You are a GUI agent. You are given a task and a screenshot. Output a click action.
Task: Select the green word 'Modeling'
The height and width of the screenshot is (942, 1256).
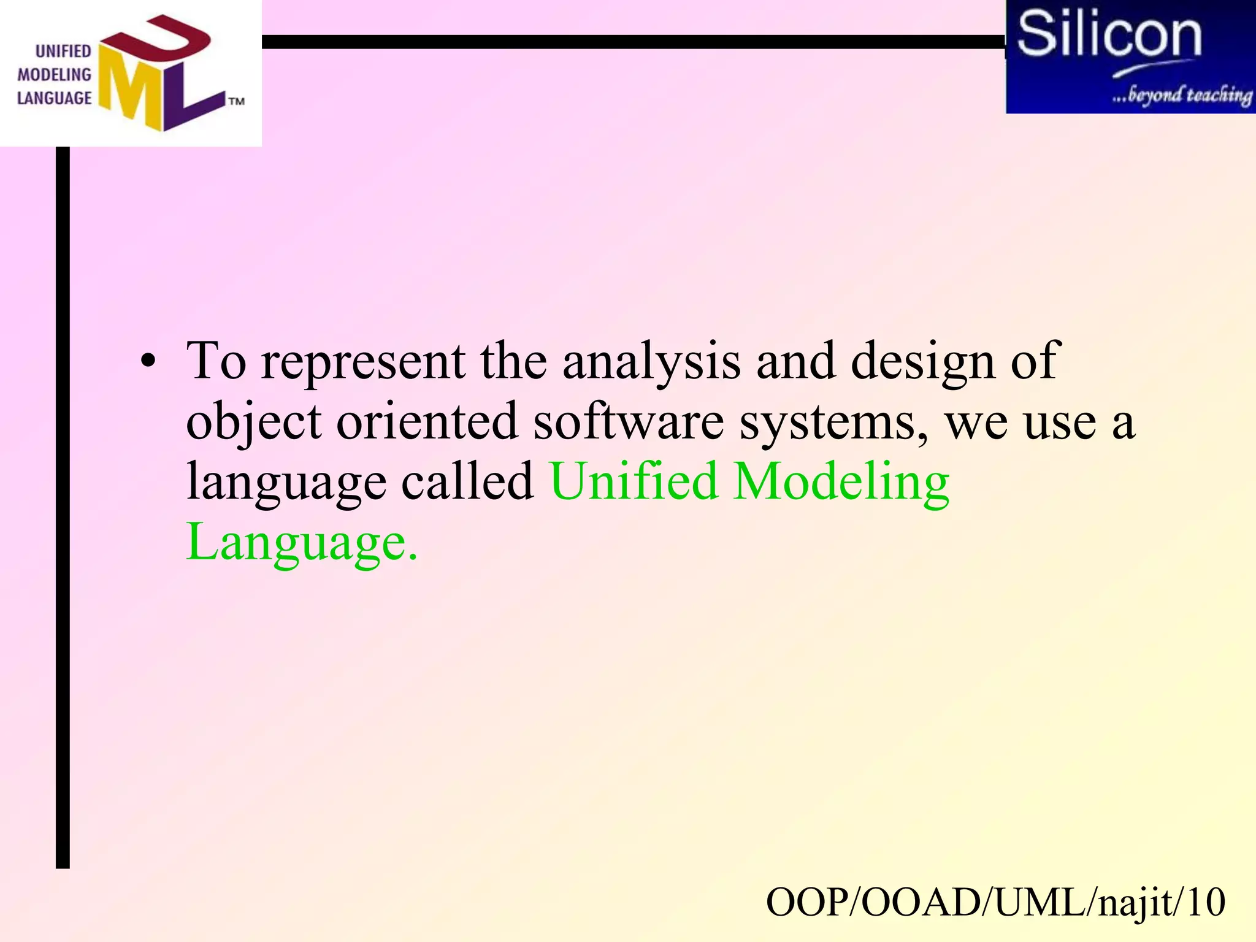841,483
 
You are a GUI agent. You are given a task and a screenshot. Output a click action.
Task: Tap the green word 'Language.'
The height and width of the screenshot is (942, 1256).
302,543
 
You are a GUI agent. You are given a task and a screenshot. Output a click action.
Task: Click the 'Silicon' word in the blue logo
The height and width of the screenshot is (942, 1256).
1109,34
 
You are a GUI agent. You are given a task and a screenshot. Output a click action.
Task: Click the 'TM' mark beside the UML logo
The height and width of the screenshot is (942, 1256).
236,101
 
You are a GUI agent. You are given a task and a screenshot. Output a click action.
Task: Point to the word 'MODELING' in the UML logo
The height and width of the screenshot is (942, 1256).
54,75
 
